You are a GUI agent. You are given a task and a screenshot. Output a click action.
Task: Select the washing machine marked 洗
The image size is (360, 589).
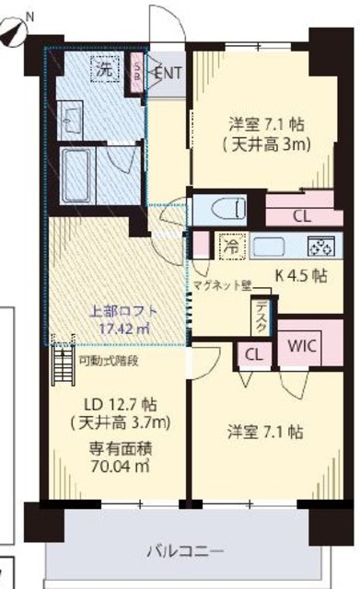pos(103,69)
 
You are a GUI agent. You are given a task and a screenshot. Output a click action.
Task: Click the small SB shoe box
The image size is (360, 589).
pos(138,72)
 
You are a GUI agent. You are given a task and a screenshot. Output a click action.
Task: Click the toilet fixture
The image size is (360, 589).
pos(220,209)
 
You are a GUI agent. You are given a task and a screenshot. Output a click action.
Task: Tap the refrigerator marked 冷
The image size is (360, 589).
pos(229,247)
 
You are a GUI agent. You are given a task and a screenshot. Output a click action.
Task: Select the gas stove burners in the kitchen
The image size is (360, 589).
pos(319,247)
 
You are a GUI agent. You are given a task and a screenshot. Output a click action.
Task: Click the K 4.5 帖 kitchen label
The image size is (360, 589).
pos(302,274)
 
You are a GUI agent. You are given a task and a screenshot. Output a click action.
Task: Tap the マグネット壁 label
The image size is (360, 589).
pos(221,285)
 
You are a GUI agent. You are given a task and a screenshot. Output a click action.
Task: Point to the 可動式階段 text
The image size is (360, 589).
pos(109,361)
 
